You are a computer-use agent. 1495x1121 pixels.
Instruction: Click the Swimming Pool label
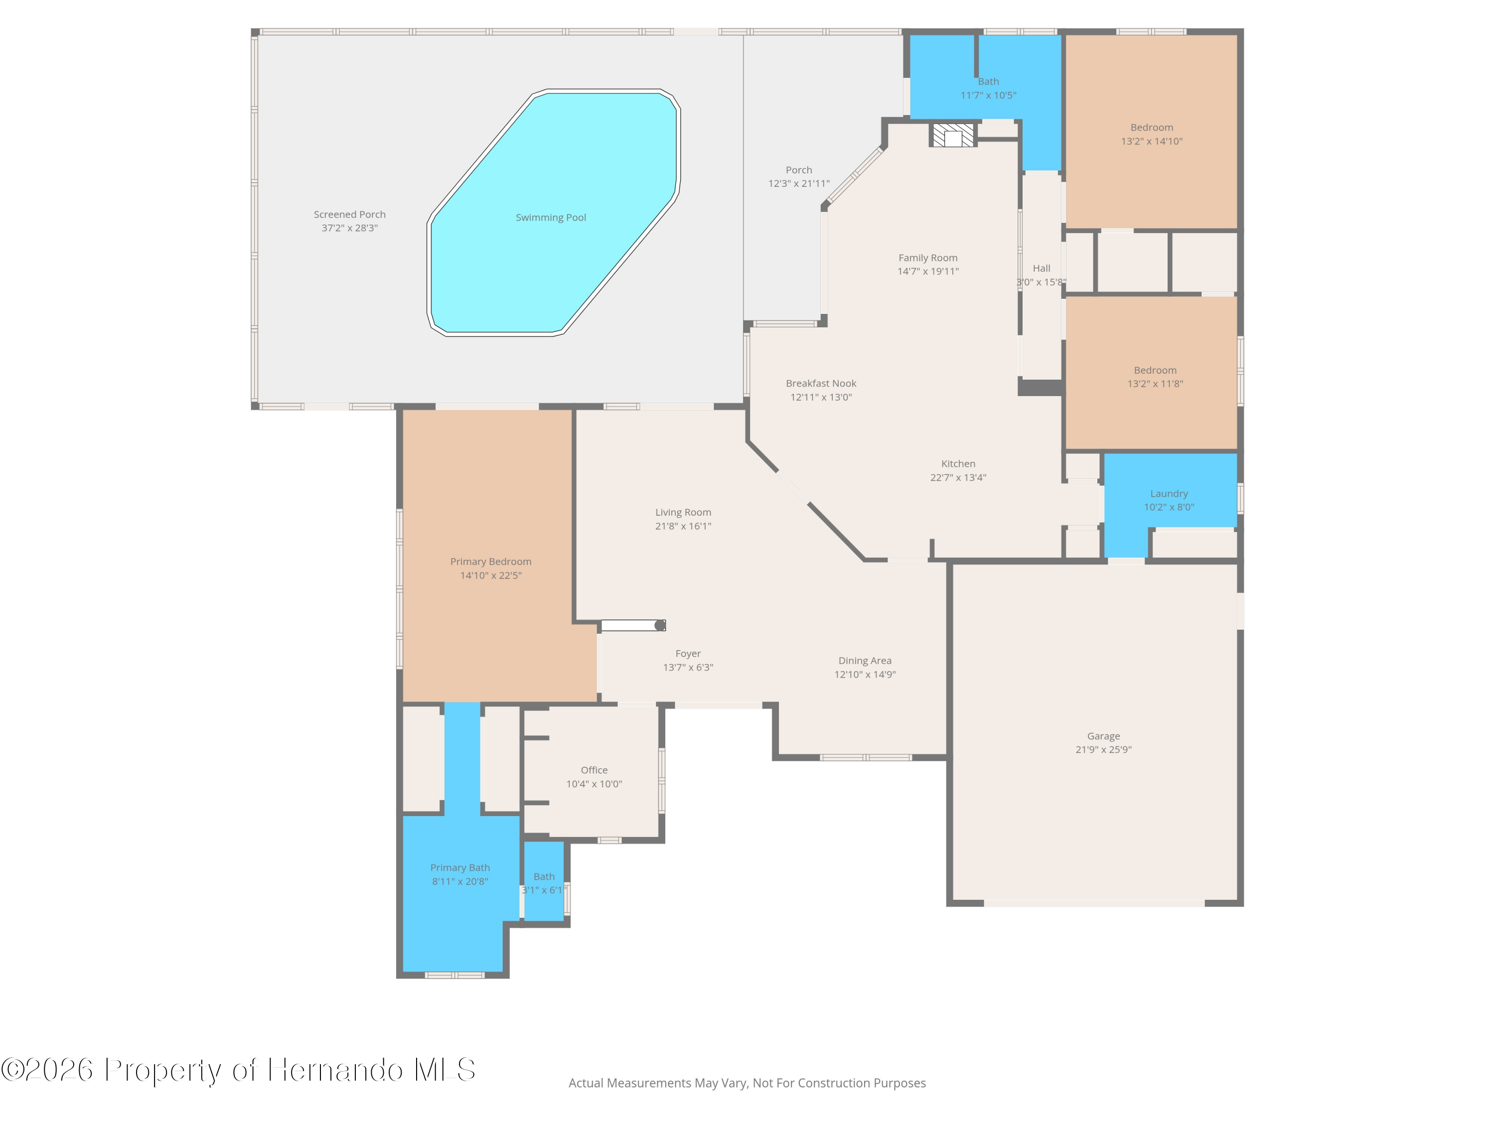click(x=551, y=218)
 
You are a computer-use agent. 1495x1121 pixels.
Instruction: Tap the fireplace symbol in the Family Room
click(x=953, y=135)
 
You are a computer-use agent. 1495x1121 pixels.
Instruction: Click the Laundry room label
click(x=1169, y=494)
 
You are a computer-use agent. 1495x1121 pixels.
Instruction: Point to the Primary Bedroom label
click(x=491, y=561)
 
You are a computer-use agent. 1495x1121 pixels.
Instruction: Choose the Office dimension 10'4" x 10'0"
click(x=594, y=784)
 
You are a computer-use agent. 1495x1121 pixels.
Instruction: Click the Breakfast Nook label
click(x=821, y=383)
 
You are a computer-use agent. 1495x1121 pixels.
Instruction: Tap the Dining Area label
click(x=865, y=660)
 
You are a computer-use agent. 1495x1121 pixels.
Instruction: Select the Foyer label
click(x=688, y=653)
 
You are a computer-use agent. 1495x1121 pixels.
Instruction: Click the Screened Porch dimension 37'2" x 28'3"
click(x=349, y=228)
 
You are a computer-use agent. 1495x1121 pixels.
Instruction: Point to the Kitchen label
click(x=958, y=463)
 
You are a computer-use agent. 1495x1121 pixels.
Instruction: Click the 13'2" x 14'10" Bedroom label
click(x=1152, y=127)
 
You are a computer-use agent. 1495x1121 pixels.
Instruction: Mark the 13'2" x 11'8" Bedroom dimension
click(x=1155, y=384)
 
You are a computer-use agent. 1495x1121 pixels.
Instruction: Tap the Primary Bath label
click(x=460, y=867)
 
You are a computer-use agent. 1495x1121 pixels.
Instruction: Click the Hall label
click(x=1042, y=268)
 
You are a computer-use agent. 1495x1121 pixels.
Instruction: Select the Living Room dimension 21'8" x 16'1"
click(x=683, y=526)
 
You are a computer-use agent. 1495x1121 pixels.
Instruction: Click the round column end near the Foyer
click(x=660, y=626)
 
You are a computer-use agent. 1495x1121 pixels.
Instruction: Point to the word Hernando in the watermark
click(x=335, y=1070)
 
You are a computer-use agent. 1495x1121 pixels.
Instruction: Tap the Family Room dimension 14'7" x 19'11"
click(x=928, y=271)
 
